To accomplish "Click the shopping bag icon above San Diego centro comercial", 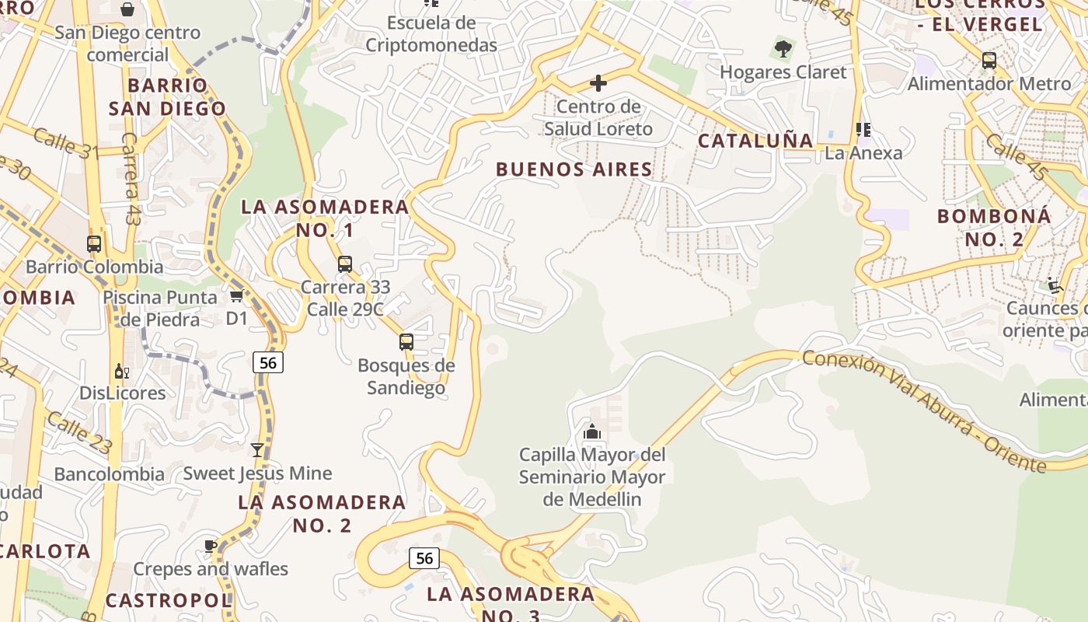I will (127, 9).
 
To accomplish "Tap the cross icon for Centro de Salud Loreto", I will (598, 82).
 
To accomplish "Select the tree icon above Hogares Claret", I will (783, 50).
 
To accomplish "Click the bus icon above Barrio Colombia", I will (94, 244).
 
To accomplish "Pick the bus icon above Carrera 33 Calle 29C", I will (345, 264).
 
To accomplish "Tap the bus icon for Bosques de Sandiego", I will (406, 342).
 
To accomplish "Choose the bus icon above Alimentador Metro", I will (989, 61).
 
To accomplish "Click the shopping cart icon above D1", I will (237, 296).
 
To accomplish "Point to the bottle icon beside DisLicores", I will (121, 372).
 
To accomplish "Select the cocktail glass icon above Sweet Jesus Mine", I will (257, 450).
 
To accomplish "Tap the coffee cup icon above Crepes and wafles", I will (211, 546).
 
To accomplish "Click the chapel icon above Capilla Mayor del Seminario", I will (592, 432).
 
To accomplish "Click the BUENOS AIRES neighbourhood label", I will (574, 169).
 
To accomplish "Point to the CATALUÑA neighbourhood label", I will (755, 141).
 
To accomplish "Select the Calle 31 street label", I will (67, 145).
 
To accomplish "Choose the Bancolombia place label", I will (110, 474).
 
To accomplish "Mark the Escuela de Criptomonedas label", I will (431, 34).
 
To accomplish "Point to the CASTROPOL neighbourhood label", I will (169, 600).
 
